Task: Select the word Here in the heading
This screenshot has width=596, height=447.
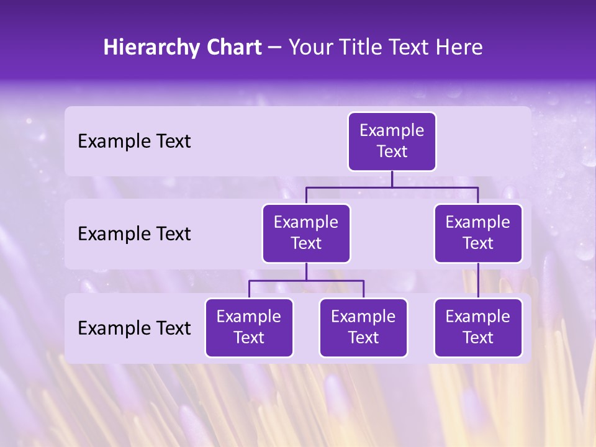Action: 459,48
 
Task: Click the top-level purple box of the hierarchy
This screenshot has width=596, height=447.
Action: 392,142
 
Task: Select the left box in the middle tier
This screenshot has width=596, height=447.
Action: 306,233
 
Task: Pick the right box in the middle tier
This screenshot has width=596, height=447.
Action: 478,233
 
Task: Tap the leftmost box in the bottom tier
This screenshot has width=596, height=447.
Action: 249,328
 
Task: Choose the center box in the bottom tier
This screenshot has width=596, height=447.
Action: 363,328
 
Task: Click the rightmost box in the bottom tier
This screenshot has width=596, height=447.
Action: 478,328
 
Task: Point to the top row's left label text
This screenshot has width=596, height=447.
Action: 134,142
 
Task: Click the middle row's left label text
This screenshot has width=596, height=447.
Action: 134,234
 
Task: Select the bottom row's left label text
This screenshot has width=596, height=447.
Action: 134,328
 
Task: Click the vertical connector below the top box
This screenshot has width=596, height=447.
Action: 392,179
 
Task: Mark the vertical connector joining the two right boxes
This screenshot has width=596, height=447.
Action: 478,281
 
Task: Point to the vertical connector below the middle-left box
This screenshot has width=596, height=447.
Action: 306,271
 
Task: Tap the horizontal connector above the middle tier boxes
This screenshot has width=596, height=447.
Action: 392,187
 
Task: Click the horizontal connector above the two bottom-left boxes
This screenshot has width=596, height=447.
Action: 306,281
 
